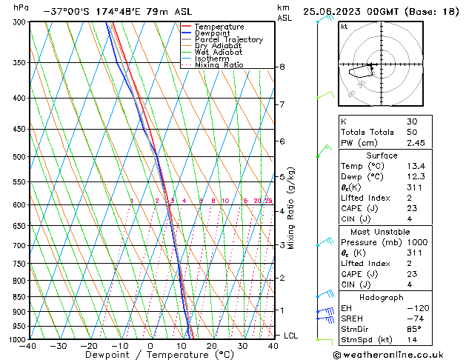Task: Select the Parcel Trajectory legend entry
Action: point(228,40)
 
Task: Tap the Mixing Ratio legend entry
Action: point(219,65)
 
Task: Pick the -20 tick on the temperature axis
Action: point(88,346)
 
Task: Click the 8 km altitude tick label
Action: point(282,67)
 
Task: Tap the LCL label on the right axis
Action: point(290,336)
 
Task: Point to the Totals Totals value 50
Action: point(412,132)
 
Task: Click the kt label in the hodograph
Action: point(344,27)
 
